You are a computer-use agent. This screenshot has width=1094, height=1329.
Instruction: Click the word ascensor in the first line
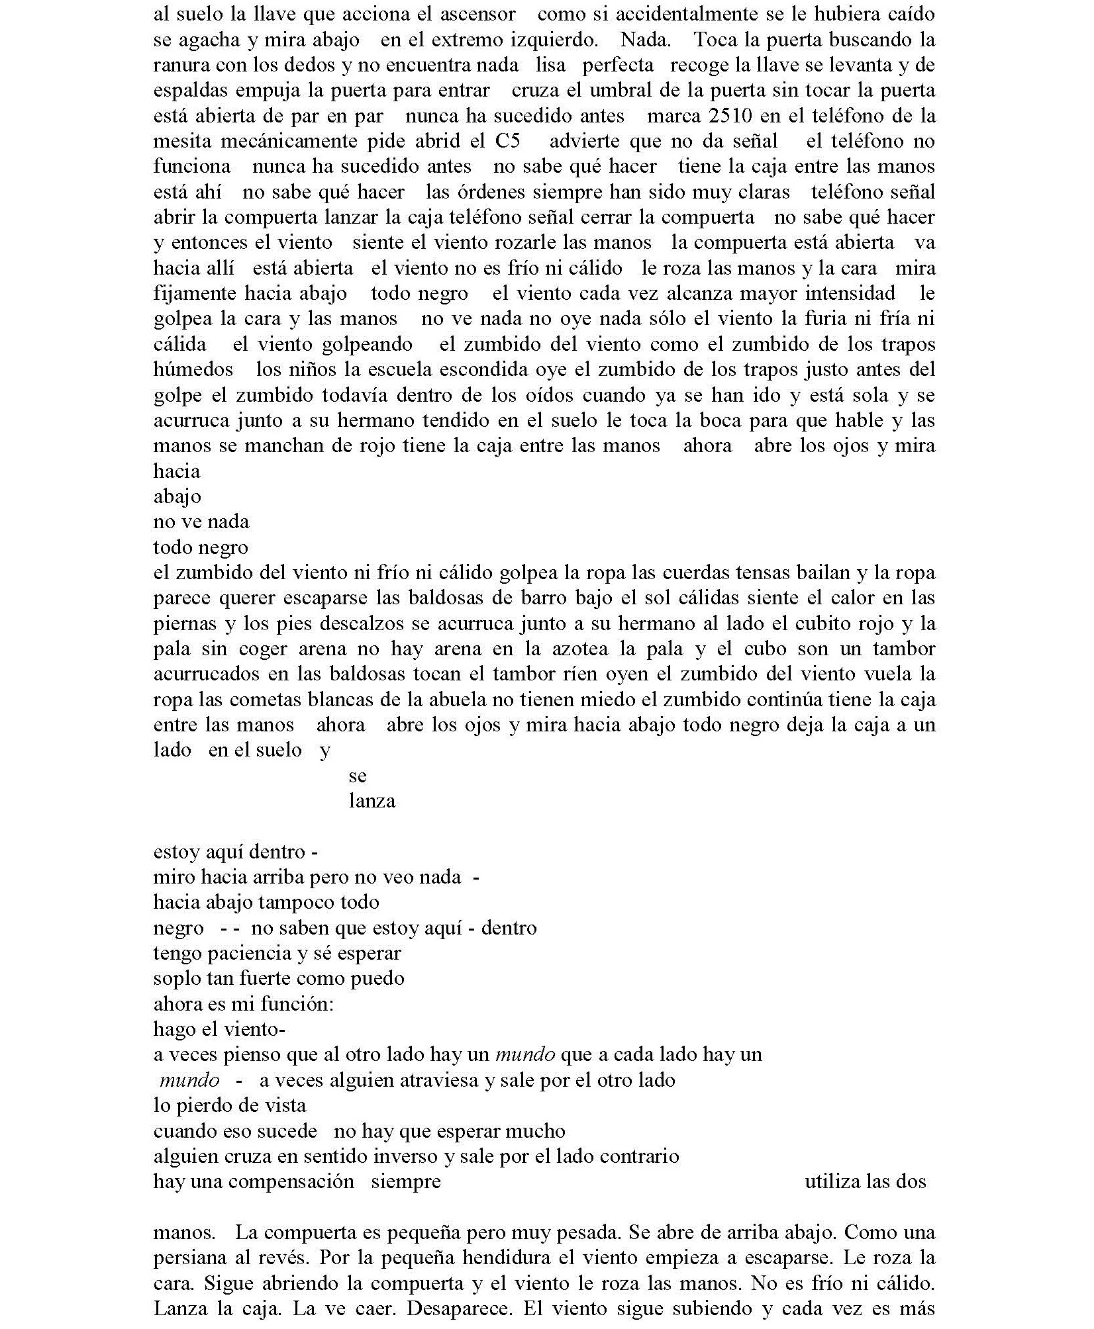[x=478, y=15]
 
